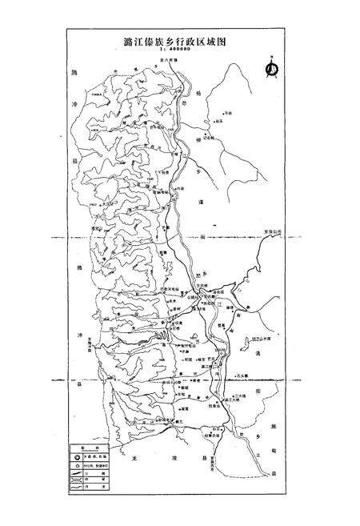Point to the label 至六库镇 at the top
pyautogui.click(x=190, y=59)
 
